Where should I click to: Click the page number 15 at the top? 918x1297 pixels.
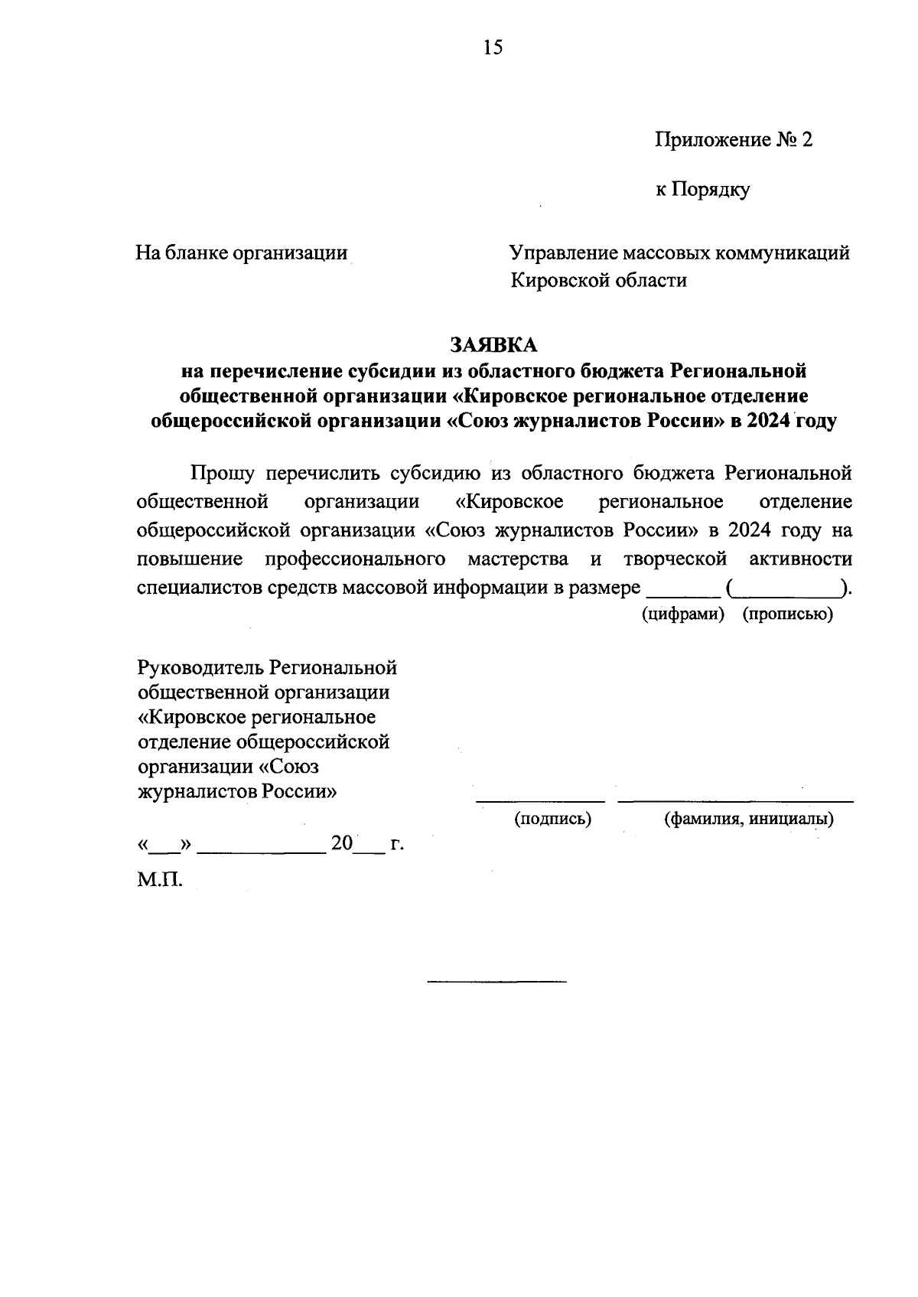point(493,48)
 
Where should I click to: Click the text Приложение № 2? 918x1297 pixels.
point(732,139)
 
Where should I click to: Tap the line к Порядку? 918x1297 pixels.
point(702,189)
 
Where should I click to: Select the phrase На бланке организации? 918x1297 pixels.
point(242,253)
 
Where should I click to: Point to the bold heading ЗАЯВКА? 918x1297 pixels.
point(493,344)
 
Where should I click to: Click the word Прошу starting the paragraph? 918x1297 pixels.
point(223,474)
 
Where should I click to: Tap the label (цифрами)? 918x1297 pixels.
point(683,614)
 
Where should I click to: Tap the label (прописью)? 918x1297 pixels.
point(787,614)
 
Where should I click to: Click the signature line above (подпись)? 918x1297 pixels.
point(541,800)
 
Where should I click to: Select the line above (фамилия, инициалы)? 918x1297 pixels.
point(735,800)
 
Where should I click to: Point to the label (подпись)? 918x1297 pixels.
point(552,819)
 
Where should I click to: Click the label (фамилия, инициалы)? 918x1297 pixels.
point(748,819)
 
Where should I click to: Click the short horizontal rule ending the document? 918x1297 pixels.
point(496,981)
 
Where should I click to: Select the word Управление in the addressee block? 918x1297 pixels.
point(562,253)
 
